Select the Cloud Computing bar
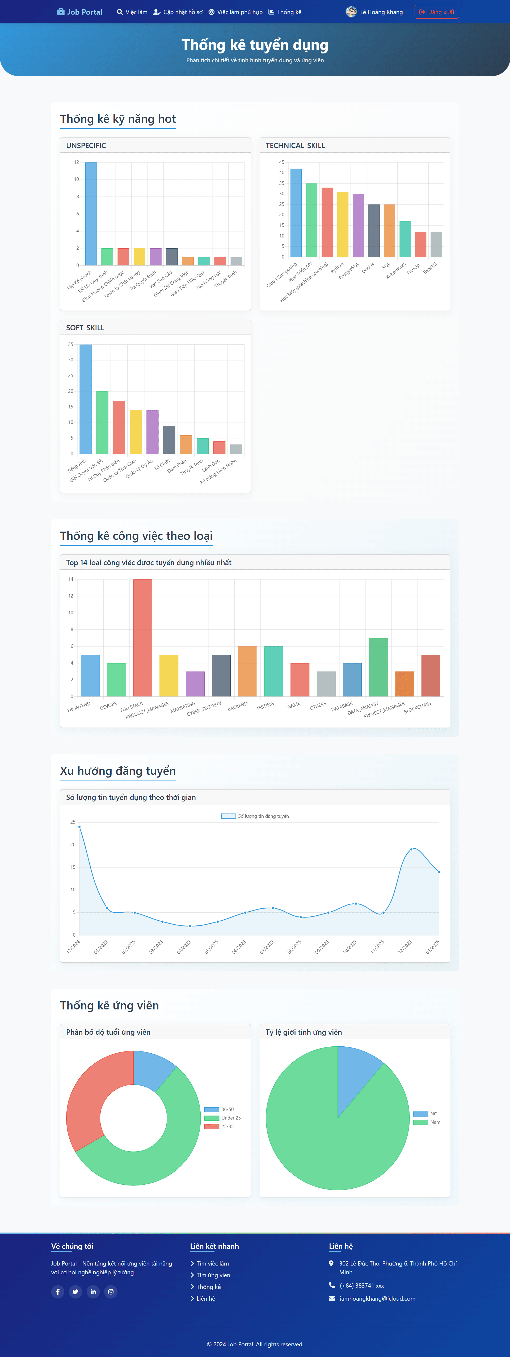pos(296,213)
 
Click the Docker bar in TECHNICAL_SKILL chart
pos(374,231)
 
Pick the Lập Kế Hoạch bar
pos(91,214)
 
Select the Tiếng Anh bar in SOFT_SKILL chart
pos(85,399)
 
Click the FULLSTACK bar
pos(143,638)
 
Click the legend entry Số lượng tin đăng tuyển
pos(255,816)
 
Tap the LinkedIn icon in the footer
pos(93,1291)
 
